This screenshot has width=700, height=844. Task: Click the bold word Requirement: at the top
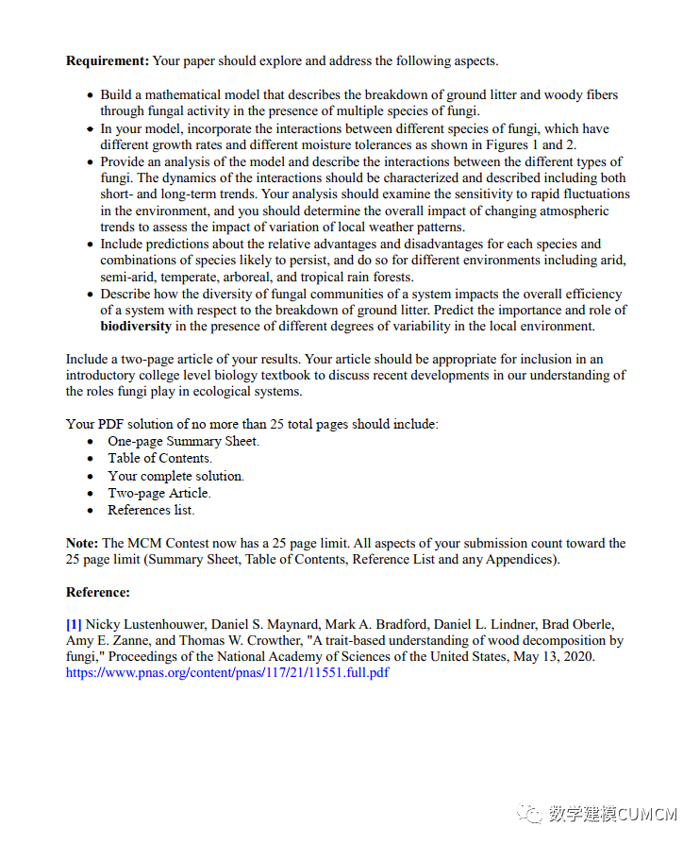click(108, 61)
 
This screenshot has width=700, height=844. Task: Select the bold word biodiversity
click(136, 327)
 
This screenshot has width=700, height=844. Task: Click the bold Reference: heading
click(97, 592)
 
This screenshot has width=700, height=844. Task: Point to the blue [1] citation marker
click(74, 624)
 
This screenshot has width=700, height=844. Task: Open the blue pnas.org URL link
click(226, 673)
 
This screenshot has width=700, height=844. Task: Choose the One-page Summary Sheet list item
click(183, 441)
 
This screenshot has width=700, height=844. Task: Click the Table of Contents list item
click(159, 458)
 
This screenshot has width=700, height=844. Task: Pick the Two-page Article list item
click(159, 493)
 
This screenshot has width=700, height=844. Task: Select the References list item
click(151, 510)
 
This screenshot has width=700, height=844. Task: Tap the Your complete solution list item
click(175, 476)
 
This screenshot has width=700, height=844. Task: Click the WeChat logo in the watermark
click(532, 813)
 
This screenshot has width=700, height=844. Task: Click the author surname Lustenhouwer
click(167, 624)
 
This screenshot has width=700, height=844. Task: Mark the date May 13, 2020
click(548, 657)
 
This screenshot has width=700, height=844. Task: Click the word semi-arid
click(128, 277)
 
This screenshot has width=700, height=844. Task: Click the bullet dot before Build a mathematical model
click(91, 95)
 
